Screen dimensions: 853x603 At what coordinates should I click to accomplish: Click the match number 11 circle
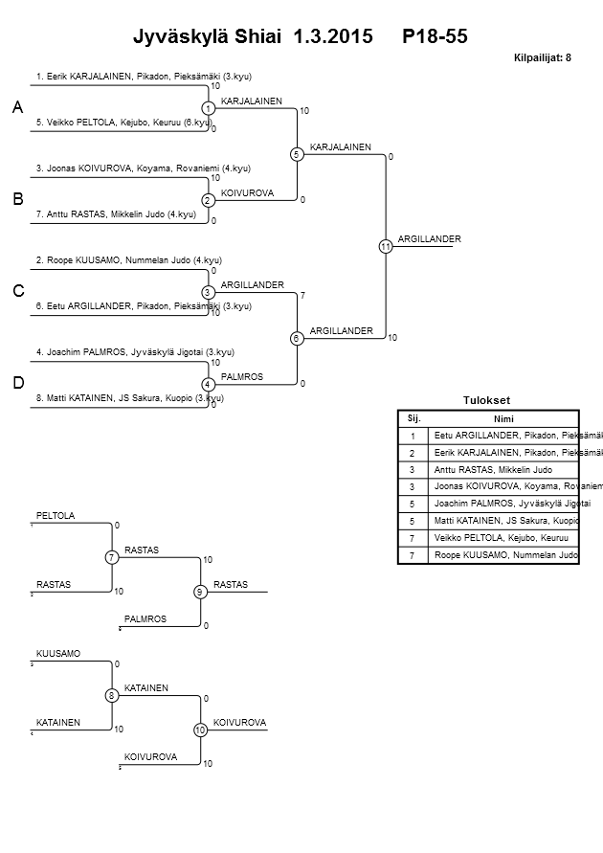click(x=385, y=246)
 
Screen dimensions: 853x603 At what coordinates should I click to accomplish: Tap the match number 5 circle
click(x=297, y=154)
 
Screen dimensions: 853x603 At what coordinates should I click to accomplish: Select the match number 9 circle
click(x=200, y=592)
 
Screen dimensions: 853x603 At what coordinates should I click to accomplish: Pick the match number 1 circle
click(x=208, y=108)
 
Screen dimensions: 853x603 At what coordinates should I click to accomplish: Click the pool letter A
click(x=17, y=108)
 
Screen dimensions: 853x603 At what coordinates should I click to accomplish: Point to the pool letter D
click(x=17, y=383)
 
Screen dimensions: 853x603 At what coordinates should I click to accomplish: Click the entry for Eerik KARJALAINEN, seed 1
click(x=143, y=77)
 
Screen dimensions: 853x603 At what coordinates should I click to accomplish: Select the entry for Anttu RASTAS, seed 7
click(x=121, y=213)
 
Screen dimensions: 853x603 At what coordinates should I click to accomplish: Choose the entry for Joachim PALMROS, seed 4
click(x=134, y=351)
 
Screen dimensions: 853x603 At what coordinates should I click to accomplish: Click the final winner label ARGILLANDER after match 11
click(x=430, y=238)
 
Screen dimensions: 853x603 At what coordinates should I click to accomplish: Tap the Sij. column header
click(x=413, y=418)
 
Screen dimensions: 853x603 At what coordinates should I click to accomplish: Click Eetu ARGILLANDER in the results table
click(x=505, y=436)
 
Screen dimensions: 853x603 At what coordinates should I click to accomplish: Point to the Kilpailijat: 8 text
click(x=543, y=58)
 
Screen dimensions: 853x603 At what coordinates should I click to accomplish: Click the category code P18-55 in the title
click(x=435, y=36)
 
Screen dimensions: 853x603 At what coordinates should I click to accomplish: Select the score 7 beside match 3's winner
click(x=302, y=295)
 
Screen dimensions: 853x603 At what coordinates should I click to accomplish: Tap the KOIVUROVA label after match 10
click(x=239, y=722)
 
